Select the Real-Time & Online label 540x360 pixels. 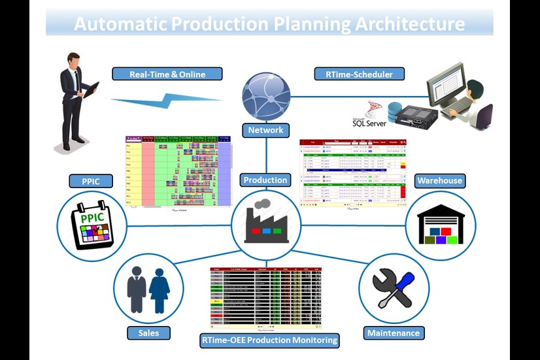coord(167,74)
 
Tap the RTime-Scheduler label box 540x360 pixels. coord(359,74)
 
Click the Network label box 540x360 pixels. coord(265,130)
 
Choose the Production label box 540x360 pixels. coord(265,180)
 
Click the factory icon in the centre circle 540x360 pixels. coord(266,222)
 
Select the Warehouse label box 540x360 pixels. coord(439,180)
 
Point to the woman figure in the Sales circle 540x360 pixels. coord(160,289)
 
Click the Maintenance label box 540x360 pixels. coord(393,333)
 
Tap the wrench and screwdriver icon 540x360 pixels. coord(394,287)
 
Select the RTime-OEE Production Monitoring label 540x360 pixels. coord(269,340)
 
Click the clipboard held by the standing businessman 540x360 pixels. coord(91,89)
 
